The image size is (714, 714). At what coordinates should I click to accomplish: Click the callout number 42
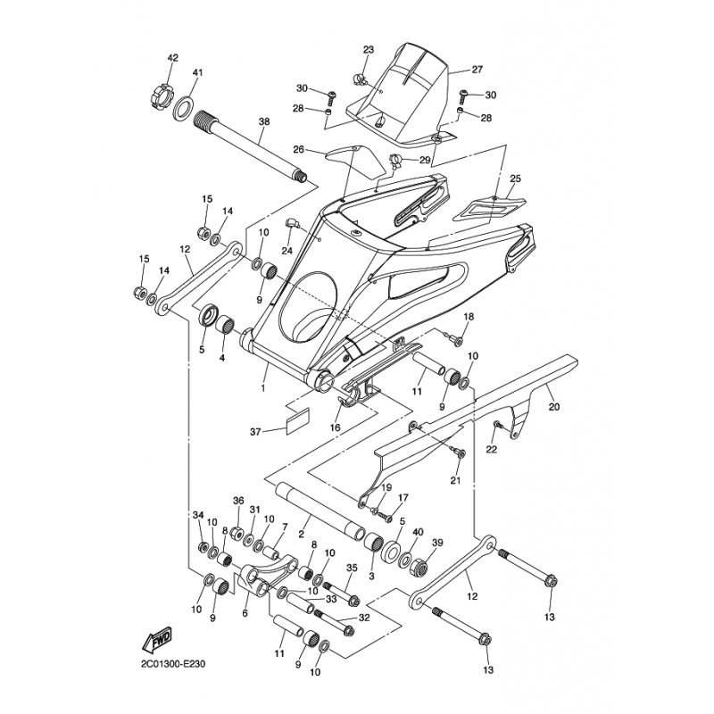point(172,58)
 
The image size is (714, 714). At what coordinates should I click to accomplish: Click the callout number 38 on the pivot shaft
point(264,121)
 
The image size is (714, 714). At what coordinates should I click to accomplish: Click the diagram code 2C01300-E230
point(173,664)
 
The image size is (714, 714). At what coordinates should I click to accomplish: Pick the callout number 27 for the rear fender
point(477,70)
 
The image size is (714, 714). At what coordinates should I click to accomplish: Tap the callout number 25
point(515,178)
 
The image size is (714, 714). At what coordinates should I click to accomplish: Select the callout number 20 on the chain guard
point(553,407)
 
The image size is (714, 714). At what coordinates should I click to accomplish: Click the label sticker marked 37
point(297,420)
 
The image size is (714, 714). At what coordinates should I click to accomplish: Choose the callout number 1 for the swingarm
point(262,388)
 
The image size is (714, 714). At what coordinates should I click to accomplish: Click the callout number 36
point(238,501)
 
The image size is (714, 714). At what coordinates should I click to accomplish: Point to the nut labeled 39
point(421,567)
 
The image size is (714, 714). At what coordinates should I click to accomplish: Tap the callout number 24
point(286,251)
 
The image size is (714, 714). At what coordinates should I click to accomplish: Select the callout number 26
point(298,149)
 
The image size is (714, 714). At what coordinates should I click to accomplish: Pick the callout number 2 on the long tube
point(301,534)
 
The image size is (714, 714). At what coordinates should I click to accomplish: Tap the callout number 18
point(469,317)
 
